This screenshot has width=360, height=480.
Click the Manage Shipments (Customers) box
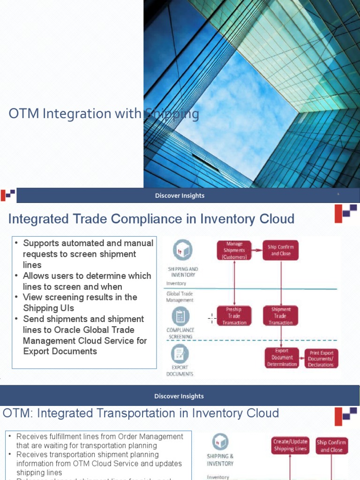coord(234,250)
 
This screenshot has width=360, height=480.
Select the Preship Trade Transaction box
coord(234,316)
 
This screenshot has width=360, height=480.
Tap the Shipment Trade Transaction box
coord(281,316)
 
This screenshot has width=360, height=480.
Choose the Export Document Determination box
coord(282,358)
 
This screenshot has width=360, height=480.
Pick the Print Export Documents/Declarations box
coord(321,359)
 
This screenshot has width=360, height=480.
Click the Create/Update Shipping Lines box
coord(290,445)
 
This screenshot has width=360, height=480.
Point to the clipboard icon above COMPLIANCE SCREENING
coord(180,316)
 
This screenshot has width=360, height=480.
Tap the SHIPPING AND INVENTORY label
coord(183,272)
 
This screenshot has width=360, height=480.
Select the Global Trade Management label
coord(180,297)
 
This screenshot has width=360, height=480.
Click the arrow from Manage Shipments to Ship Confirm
coord(257,250)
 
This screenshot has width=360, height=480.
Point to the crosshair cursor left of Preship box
coord(212,319)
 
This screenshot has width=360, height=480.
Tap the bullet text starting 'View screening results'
coord(80,302)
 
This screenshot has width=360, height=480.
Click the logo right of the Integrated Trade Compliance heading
coord(345,213)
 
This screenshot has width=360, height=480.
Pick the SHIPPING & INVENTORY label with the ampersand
coord(220,459)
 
